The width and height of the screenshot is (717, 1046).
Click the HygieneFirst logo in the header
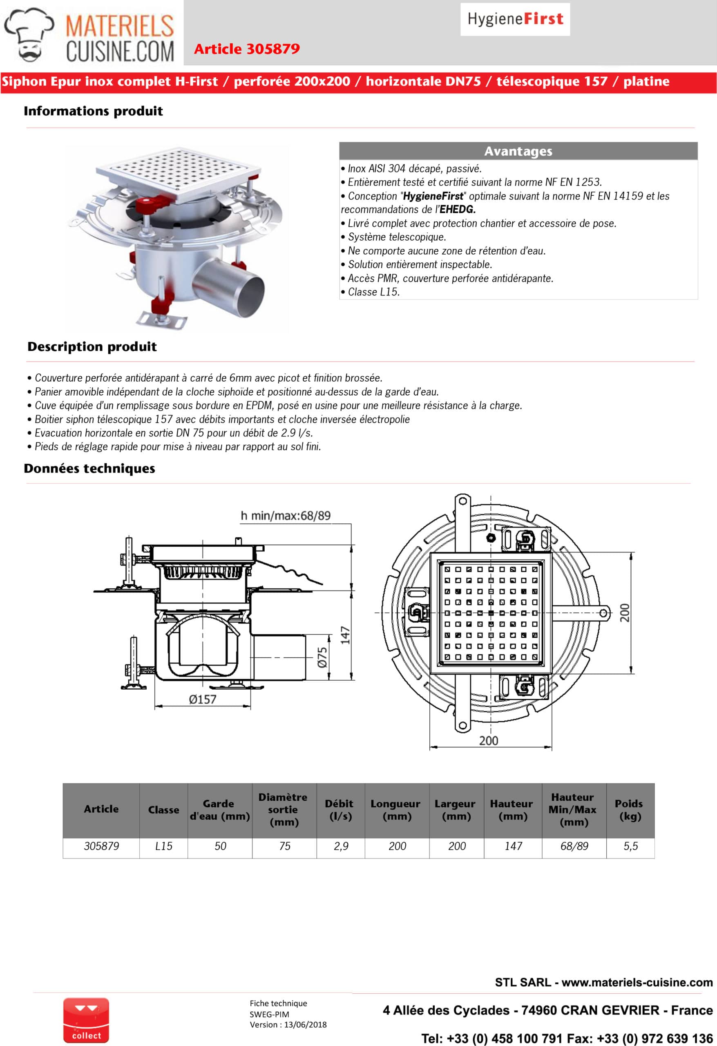point(515,19)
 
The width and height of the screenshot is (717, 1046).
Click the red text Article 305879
point(247,49)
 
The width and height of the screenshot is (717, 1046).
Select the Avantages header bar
point(518,151)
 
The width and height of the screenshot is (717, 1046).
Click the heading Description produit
point(92,346)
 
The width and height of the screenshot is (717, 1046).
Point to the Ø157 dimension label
point(203,699)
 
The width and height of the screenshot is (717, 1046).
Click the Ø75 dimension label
point(322,657)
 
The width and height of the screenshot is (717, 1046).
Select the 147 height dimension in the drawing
point(345,635)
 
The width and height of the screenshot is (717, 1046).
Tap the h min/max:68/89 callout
point(285,516)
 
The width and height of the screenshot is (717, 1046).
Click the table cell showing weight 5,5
point(630,846)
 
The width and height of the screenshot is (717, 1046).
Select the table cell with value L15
point(163,846)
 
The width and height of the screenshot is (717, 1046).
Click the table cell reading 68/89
point(574,846)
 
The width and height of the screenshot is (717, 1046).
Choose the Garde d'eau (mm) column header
point(220,810)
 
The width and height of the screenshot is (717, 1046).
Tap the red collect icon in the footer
point(86,1019)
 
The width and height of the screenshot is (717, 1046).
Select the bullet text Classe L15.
point(373,292)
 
